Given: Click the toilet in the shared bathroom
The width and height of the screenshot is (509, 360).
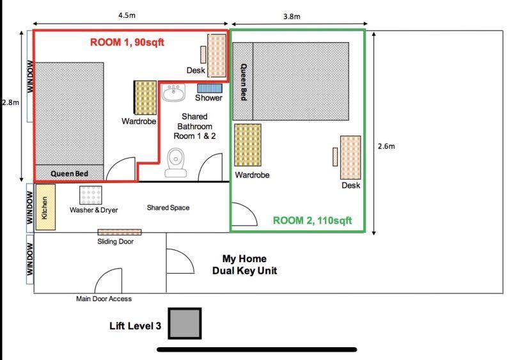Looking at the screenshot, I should pos(176,162).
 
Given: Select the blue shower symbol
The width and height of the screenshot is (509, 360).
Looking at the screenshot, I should pos(209,88).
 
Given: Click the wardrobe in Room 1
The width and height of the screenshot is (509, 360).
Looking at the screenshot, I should pos(145,97).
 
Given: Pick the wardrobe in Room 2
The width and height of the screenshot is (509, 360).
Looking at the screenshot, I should pos(247,145).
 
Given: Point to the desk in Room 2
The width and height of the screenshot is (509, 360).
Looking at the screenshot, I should pos(350,157).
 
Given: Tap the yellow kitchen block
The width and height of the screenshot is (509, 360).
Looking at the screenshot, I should pos(45,207).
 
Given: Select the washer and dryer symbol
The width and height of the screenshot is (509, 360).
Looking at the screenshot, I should pos(90,195).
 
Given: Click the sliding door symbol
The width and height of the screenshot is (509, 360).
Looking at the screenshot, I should pos(119,231).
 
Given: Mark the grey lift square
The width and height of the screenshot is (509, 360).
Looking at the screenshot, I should pos(185,324).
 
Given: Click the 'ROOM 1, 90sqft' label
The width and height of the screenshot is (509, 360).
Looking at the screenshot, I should pos(127,43).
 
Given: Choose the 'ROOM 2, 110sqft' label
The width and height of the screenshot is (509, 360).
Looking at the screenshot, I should pos(312,220).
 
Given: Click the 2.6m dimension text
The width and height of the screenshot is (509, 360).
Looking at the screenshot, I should pos(386,146).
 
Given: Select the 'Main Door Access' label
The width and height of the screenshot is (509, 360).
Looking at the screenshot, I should pos(104,299).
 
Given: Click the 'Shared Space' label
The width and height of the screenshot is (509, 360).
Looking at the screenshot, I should pos(168,208).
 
